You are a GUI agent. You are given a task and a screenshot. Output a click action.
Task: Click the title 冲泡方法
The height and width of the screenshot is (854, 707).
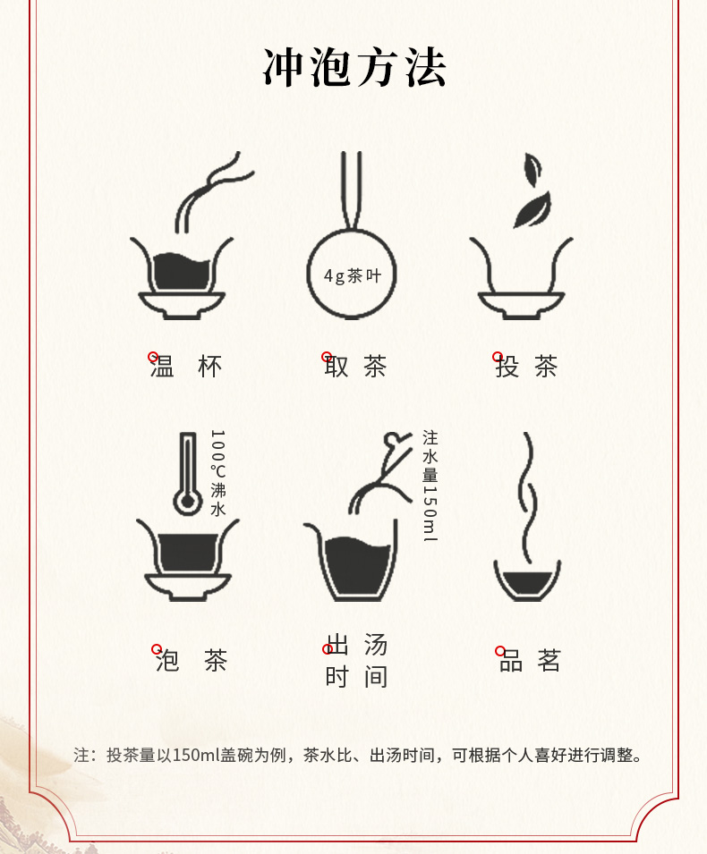354,68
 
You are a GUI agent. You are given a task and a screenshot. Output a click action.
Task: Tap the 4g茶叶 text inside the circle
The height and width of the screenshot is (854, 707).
352,275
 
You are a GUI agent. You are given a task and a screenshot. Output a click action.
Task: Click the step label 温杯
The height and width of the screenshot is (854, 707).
186,366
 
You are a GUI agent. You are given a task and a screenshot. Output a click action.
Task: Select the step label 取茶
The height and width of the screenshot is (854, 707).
355,366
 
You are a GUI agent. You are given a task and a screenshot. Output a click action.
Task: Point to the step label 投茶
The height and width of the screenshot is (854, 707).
526,366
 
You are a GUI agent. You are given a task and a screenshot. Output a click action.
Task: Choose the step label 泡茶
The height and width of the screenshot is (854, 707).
191,660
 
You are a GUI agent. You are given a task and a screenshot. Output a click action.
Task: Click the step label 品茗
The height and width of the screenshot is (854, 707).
530,660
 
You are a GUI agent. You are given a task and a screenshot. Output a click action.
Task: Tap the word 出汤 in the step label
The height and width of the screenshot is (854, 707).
357,645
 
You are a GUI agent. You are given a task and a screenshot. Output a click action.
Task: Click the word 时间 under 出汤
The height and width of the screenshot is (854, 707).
357,677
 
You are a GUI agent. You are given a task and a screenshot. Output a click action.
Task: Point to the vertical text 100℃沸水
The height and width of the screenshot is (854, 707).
218,473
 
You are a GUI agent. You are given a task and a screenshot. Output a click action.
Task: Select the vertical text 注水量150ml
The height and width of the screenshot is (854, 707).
430,486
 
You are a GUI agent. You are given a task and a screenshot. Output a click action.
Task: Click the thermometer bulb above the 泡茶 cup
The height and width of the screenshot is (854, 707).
188,501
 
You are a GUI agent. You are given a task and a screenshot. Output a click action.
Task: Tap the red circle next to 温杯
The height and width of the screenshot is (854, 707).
153,357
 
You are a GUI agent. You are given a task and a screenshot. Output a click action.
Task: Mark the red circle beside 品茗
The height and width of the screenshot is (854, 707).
500,651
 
